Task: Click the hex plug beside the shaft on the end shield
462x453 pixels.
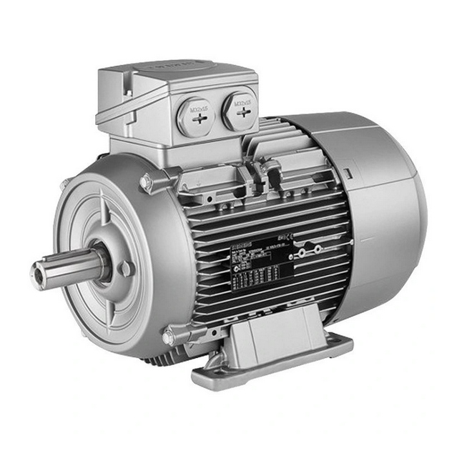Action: [126, 269]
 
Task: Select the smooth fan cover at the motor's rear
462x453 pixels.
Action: [386, 207]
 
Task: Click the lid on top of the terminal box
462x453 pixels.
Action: [175, 75]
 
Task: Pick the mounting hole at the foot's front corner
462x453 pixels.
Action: [205, 374]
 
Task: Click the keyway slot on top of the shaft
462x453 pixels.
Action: [64, 259]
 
